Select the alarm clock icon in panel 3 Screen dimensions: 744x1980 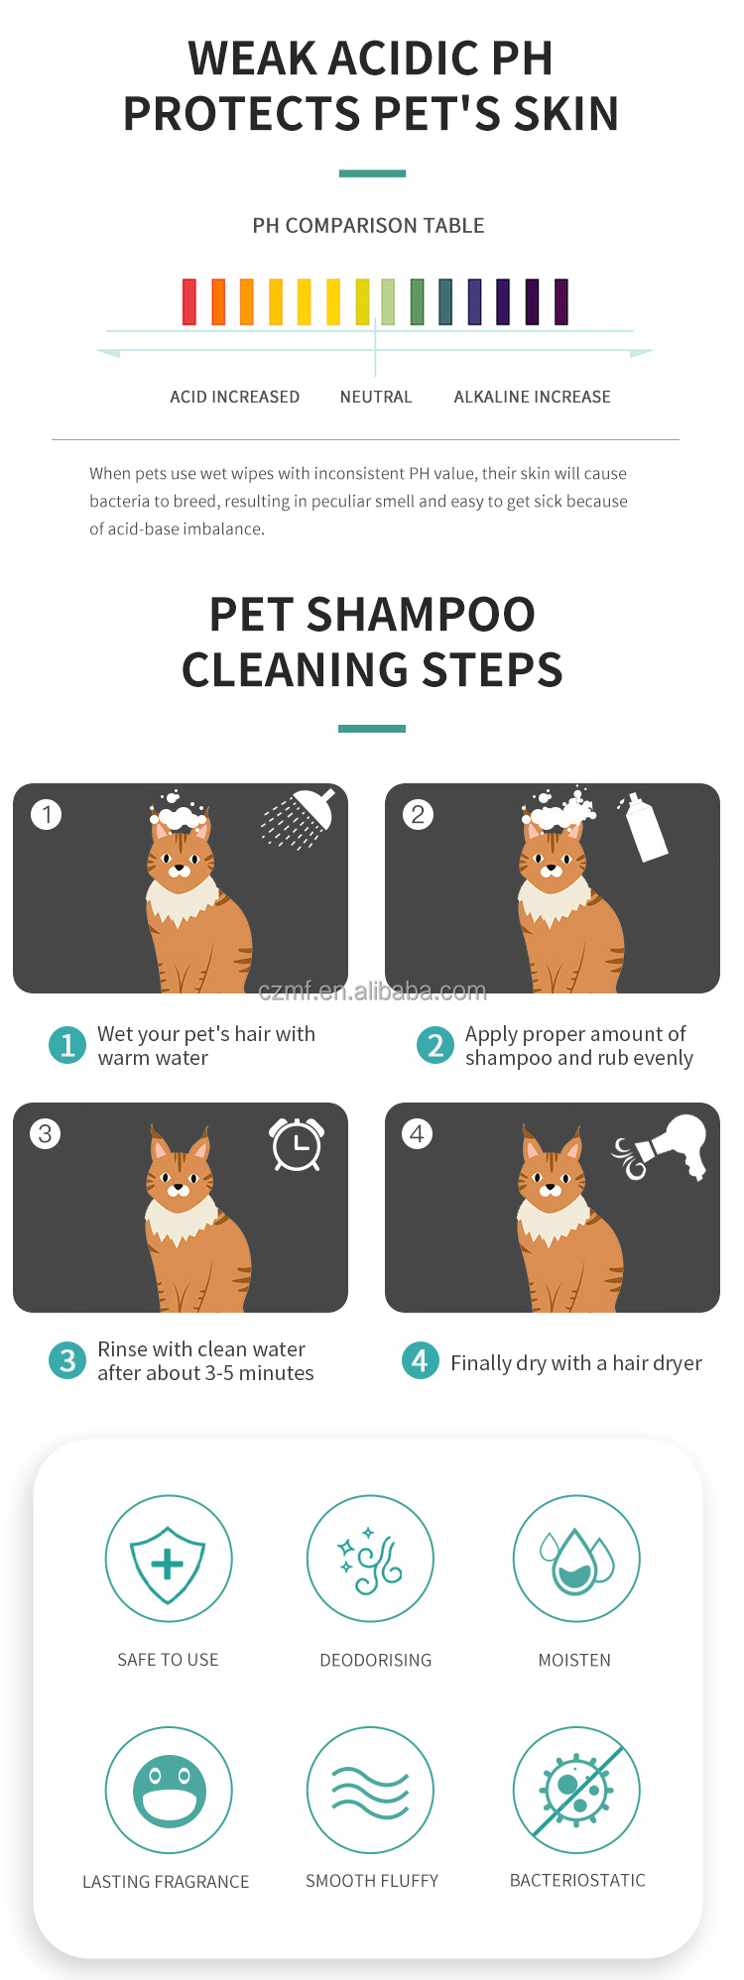[x=297, y=1144]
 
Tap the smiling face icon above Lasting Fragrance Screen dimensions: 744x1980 [x=169, y=1791]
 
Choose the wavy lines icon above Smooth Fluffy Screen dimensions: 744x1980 [x=370, y=1791]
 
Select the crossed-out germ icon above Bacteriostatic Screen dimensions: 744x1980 [x=576, y=1791]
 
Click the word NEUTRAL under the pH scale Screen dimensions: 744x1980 [x=376, y=397]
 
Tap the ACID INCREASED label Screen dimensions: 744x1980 [x=235, y=397]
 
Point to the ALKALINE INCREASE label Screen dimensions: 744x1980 [x=533, y=397]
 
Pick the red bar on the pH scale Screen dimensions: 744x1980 [x=189, y=301]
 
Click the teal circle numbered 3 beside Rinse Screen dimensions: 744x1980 [x=67, y=1360]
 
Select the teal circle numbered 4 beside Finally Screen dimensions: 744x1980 [x=420, y=1360]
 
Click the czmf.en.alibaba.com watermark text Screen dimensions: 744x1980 [x=372, y=990]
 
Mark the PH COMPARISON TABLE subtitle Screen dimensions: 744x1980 [x=368, y=226]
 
